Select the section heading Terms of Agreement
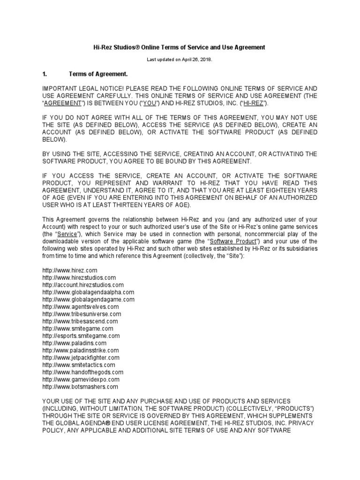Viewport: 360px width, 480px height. click(x=98, y=74)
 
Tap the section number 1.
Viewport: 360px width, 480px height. click(x=45, y=74)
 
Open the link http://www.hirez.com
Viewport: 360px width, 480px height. click(x=70, y=270)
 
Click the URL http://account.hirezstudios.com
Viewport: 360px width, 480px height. click(x=83, y=285)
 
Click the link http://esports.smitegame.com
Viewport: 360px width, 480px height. click(x=81, y=336)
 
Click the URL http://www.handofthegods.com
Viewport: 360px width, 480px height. click(x=83, y=372)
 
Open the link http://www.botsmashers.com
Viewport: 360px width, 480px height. click(x=80, y=387)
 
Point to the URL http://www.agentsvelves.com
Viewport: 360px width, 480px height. click(x=81, y=307)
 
